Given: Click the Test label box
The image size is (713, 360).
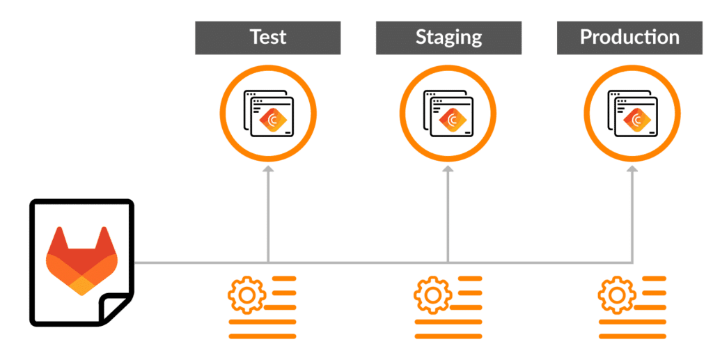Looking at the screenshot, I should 267,37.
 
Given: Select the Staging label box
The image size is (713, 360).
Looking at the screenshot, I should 448,37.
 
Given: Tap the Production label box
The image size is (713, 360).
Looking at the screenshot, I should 629,37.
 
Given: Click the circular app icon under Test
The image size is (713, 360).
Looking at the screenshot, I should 268,111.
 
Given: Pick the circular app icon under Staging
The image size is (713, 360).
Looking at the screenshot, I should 448,111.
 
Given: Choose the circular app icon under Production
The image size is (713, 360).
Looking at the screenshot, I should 632,111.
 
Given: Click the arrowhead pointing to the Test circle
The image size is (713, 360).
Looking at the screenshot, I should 268,169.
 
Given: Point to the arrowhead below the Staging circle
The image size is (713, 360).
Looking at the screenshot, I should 448,169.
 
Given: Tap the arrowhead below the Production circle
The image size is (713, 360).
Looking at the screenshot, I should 632,169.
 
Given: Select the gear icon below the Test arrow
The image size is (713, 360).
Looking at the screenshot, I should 247,295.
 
